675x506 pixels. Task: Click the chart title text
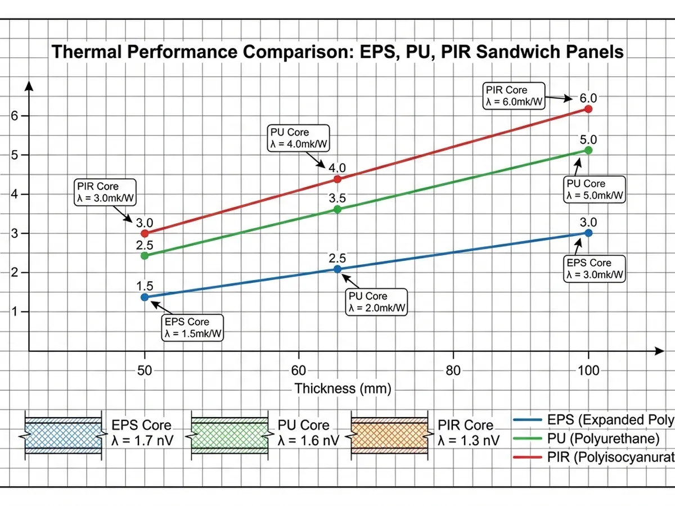(337, 52)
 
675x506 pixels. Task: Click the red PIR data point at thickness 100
(588, 109)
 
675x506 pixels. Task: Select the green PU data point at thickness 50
(145, 255)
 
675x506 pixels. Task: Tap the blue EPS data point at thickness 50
(145, 297)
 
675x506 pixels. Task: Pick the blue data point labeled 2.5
(337, 269)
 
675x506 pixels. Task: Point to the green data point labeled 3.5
(337, 209)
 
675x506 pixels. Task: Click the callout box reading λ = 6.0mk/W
(514, 96)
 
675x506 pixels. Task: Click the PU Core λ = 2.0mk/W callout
(375, 302)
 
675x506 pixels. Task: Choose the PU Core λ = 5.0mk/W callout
(595, 189)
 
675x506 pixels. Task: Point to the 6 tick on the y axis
(15, 116)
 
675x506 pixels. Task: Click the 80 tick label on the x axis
(453, 371)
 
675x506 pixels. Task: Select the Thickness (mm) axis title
(342, 388)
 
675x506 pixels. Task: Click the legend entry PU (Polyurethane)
(602, 439)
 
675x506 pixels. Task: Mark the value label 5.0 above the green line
(588, 140)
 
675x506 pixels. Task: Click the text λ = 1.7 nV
(142, 440)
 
